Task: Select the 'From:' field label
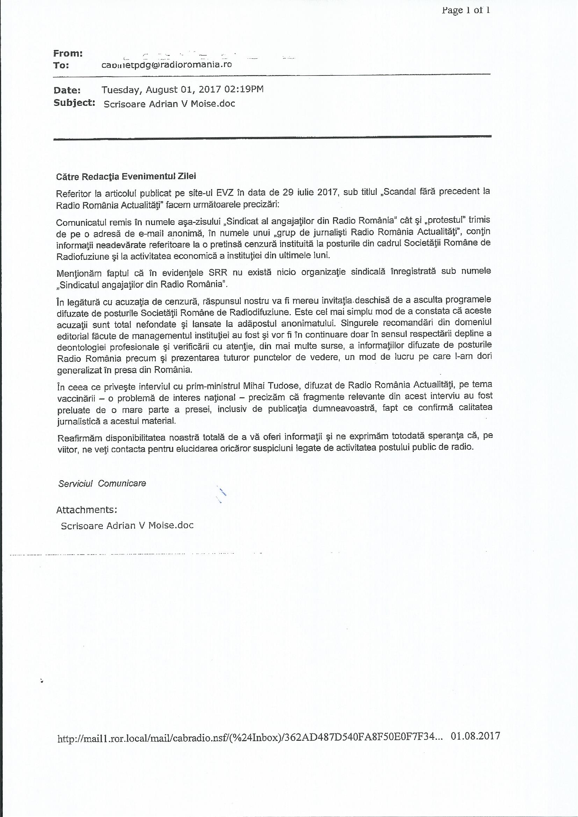[x=68, y=53]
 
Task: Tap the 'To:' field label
[x=61, y=65]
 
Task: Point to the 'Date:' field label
[x=67, y=90]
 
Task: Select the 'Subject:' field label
[x=74, y=103]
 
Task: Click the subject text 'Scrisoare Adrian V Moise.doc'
[x=169, y=103]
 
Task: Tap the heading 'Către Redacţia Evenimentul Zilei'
[x=126, y=176]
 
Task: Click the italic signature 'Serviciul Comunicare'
[x=102, y=483]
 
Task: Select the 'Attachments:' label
[x=86, y=510]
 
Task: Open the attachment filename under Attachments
[x=127, y=526]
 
